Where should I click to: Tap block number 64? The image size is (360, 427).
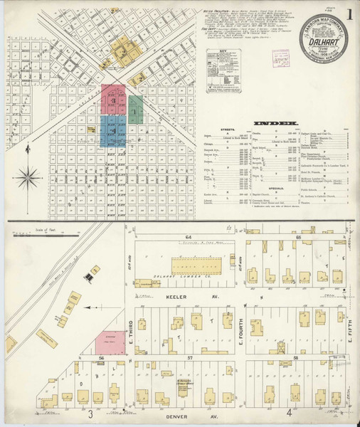(x=189, y=236)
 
